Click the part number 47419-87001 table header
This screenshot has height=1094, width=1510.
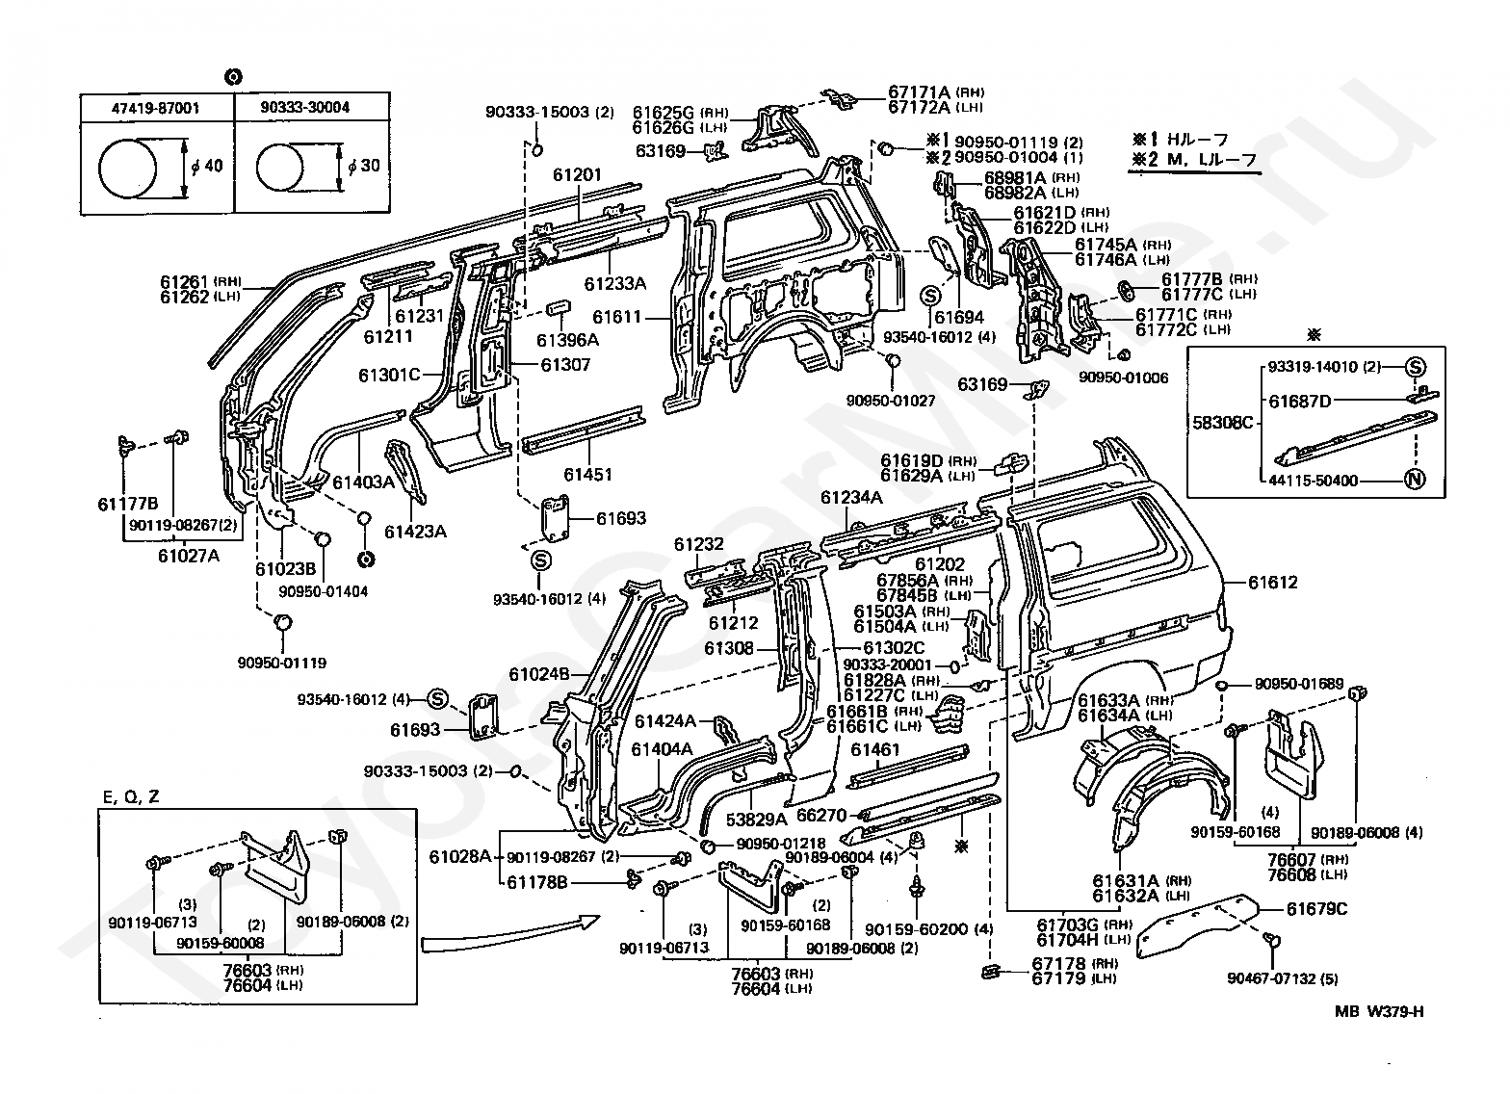click(156, 108)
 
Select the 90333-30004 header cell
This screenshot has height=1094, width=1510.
click(305, 107)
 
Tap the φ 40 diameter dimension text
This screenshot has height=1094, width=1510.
click(206, 165)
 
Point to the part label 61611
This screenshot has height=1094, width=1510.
click(616, 317)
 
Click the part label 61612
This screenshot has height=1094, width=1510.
click(1273, 583)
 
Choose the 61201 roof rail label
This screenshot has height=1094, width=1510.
click(577, 175)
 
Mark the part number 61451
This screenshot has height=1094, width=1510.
click(588, 475)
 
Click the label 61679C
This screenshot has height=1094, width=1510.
click(1316, 909)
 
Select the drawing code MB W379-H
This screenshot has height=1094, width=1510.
click(1379, 1012)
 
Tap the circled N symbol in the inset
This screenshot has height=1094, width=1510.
click(1415, 480)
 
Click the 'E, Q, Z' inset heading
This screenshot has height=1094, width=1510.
click(131, 797)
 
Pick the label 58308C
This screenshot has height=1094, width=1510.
click(1223, 424)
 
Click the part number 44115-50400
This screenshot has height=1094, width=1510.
click(1314, 481)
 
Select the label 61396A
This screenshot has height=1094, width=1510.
click(567, 340)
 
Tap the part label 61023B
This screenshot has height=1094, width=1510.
click(286, 569)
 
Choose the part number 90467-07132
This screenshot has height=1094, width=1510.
click(1271, 978)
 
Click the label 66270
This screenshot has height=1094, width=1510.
click(821, 816)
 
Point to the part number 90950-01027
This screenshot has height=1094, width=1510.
click(891, 401)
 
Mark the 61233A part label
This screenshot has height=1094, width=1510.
click(615, 284)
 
